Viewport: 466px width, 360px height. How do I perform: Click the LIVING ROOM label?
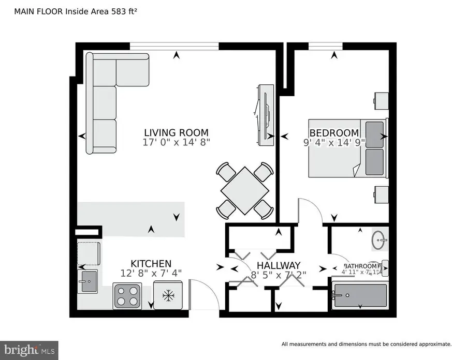click(176, 132)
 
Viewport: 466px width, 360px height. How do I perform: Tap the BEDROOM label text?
click(334, 132)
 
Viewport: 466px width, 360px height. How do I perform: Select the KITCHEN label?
click(151, 263)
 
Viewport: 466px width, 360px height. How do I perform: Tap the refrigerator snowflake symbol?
click(167, 295)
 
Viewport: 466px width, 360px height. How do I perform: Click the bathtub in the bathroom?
click(360, 295)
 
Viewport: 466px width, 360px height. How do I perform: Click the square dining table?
click(245, 190)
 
